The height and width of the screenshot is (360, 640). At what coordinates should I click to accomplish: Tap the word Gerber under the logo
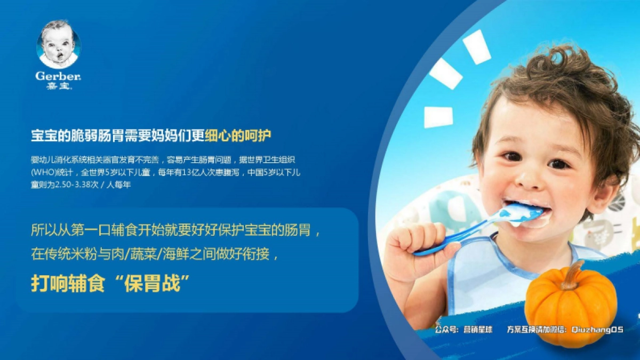[x=58, y=76]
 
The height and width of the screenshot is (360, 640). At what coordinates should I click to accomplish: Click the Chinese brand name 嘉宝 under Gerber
[x=58, y=85]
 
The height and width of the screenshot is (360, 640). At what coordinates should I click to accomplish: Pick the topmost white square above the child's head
[x=476, y=47]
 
